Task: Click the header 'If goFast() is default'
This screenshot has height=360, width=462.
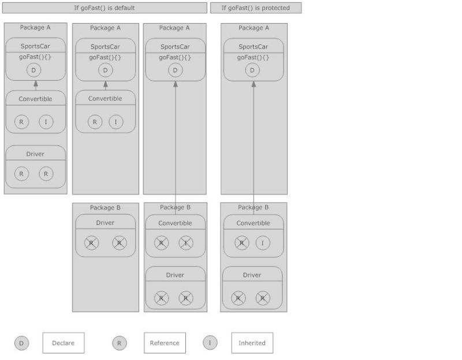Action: point(105,8)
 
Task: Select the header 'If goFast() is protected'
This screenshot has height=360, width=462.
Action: point(255,8)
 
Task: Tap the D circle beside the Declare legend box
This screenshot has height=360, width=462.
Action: point(21,343)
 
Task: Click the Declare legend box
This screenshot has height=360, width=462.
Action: point(63,343)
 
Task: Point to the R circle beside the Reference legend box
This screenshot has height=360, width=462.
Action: point(119,343)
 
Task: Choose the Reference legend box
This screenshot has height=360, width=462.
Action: point(165,343)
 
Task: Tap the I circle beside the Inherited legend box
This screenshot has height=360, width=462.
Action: point(210,342)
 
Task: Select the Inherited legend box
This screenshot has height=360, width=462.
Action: point(252,343)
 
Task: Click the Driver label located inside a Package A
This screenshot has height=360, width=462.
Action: point(35,154)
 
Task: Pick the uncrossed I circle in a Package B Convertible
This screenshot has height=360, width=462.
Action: point(263,243)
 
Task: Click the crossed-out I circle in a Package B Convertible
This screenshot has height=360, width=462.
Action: point(185,243)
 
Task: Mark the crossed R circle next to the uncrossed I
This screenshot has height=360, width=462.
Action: point(241,243)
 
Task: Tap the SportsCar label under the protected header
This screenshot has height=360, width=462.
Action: point(253,47)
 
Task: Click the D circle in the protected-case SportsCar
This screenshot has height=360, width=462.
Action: point(252,70)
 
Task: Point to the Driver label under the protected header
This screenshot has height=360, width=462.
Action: point(252,275)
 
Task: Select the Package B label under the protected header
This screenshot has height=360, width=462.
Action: point(254,207)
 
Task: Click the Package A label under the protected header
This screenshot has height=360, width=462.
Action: point(254,28)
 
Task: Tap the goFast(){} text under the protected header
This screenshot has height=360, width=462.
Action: point(253,58)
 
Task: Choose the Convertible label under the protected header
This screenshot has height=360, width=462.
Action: point(253,223)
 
